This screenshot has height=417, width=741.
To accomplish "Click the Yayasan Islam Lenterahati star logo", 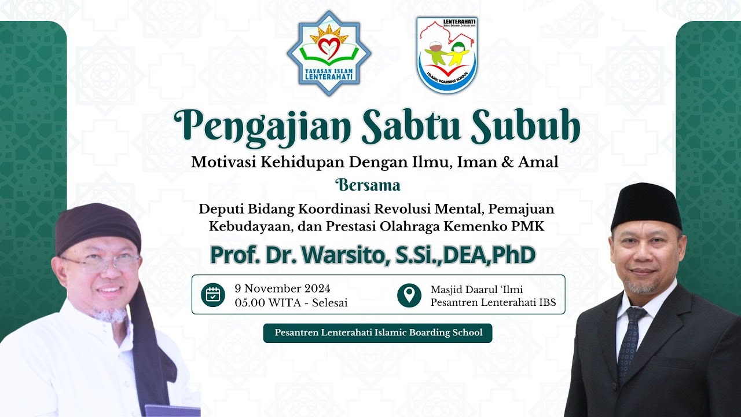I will click(x=329, y=53).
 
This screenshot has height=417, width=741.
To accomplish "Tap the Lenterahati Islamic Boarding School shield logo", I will click(x=446, y=55).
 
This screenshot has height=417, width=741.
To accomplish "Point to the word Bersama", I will click(x=369, y=186).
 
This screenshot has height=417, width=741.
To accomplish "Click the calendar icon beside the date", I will click(x=212, y=295).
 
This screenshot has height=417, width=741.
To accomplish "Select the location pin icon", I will click(x=409, y=295).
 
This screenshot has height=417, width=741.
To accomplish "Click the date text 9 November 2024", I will click(x=283, y=288).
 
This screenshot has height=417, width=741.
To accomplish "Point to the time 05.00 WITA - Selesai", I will click(x=291, y=302).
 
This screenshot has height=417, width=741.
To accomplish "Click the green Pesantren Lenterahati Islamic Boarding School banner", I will click(x=377, y=333).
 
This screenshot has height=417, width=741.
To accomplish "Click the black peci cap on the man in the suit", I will click(x=646, y=204).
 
